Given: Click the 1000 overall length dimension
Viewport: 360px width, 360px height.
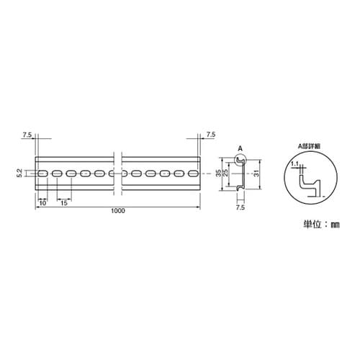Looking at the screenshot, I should coord(118,211).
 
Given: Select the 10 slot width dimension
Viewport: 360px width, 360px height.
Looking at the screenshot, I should coord(42,204).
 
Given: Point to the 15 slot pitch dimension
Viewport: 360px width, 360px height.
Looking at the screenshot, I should coord(64,204).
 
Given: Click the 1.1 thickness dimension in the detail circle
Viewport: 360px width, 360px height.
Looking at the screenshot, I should coord(295,164).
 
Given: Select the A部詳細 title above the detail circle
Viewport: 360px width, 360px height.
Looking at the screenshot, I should coord(311,145).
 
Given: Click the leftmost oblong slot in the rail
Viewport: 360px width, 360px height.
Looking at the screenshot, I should coord(42,174).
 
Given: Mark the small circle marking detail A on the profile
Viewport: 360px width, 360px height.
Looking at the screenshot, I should coord(241,159).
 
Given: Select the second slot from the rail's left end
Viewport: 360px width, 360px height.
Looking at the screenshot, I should coord(57,174).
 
